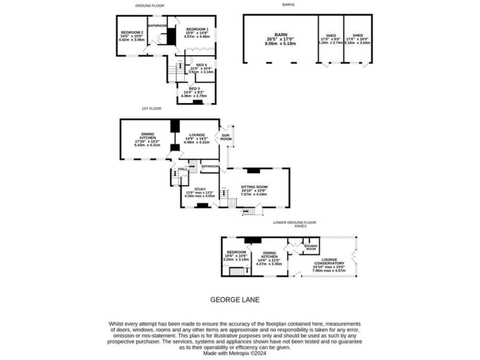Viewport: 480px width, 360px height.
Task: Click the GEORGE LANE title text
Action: pos(234,299)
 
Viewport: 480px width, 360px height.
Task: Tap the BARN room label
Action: pos(280,36)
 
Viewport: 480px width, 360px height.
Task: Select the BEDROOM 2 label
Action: pos(132,32)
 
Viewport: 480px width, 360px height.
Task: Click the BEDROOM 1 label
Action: pos(197,29)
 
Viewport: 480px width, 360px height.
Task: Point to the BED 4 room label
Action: pos(201,65)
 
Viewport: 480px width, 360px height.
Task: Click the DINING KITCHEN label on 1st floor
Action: pos(147,134)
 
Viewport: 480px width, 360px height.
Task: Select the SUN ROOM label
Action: pos(226,137)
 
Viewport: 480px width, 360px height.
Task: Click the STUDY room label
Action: pos(200,189)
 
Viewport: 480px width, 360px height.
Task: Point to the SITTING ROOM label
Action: pos(254,187)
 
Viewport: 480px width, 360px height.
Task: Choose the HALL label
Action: pos(182,169)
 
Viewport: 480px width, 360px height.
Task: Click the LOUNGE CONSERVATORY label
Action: pos(329,261)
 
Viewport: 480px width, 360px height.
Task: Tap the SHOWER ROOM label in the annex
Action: pos(311,247)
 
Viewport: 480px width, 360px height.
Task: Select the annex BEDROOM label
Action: pos(236,252)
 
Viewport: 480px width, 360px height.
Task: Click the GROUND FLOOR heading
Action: pos(150,5)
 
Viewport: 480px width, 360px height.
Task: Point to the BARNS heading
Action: pos(287,5)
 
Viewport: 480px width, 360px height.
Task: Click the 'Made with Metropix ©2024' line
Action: pos(235,353)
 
